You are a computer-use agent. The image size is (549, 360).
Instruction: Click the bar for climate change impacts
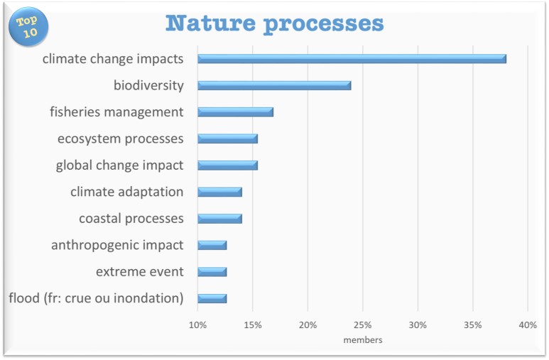point(352,59)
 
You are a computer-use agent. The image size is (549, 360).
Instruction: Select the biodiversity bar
point(274,85)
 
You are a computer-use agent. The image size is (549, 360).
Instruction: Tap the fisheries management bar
point(235,112)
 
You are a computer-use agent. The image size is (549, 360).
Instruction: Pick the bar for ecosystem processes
point(227,138)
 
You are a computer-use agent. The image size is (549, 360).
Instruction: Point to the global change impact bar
point(227,165)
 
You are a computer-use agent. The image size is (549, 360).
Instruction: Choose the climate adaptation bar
point(220,192)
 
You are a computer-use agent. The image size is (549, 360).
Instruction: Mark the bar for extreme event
point(212,272)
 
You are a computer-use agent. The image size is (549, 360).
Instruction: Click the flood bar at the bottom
point(212,298)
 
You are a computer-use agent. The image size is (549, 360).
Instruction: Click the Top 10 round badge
point(28,26)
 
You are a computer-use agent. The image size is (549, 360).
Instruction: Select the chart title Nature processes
point(274,24)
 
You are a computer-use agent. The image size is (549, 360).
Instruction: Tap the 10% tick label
point(197,325)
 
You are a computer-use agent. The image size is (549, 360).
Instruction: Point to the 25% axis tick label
point(363,325)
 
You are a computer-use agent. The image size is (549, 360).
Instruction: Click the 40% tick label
point(528,325)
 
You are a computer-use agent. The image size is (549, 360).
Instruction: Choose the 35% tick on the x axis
point(473,325)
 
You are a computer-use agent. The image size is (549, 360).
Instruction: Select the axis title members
point(363,339)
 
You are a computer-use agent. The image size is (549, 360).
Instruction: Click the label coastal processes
point(131,219)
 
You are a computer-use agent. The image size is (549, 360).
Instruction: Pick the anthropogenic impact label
point(117,245)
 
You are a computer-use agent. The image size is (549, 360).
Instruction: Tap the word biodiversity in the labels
point(149,85)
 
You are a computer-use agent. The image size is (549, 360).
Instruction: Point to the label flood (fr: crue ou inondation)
point(97,298)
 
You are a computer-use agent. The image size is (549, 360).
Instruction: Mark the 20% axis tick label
point(308,325)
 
